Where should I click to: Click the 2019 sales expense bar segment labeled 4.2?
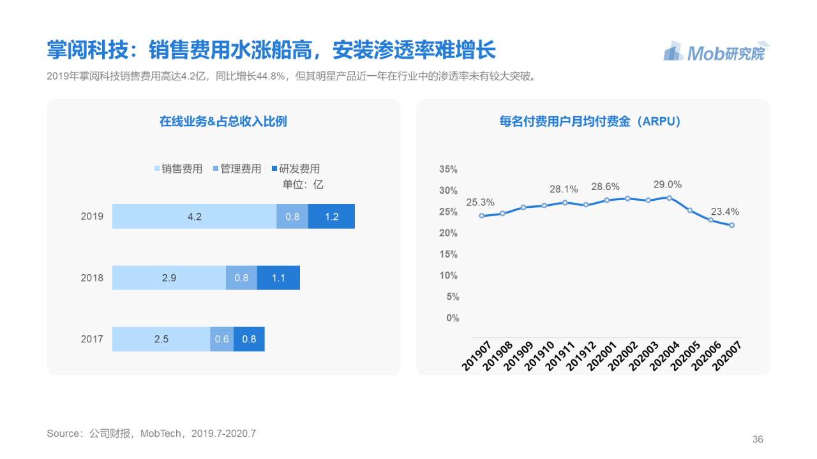pos(194,217)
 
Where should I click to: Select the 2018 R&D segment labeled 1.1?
pos(278,278)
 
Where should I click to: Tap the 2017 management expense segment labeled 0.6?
pos(221,339)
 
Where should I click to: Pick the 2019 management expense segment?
pos(292,217)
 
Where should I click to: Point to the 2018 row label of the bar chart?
pos(92,278)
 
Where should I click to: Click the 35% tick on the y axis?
pos(449,170)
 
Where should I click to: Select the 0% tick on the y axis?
pos(452,318)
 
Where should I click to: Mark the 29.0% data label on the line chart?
pos(667,185)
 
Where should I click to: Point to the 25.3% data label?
pos(480,203)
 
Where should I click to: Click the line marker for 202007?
pos(731,225)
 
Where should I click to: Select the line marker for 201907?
pos(482,215)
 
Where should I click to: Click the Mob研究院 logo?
pos(716,52)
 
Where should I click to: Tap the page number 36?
pos(758,439)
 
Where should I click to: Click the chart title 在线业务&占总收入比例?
pos(223,121)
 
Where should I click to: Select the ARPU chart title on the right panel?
pos(590,121)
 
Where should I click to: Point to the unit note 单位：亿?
pos(303,184)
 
